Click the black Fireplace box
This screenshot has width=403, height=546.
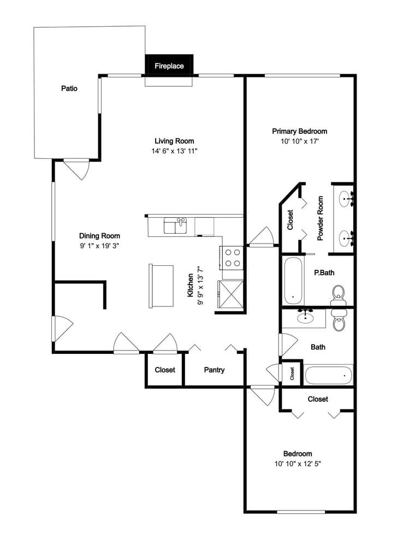[x=169, y=65]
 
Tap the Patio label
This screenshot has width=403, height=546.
[x=69, y=88]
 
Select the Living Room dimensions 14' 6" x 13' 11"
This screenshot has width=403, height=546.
[x=174, y=151]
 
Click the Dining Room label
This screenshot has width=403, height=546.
[x=99, y=236]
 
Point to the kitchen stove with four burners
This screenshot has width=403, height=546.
[x=232, y=258]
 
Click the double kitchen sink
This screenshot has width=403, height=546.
[x=175, y=225]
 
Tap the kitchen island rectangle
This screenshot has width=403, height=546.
[x=161, y=286]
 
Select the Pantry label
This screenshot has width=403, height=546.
[x=214, y=370]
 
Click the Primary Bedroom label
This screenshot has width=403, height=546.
[x=300, y=131]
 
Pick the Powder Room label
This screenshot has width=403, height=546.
[x=320, y=218]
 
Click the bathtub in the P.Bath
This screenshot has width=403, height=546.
[x=294, y=281]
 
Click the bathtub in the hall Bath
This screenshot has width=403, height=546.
[x=329, y=375]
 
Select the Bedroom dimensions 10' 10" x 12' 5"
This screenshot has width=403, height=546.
[x=298, y=464]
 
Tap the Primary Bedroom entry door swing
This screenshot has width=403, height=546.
[x=261, y=237]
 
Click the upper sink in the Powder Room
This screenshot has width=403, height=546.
[x=345, y=199]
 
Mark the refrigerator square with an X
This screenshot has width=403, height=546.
[x=230, y=294]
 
